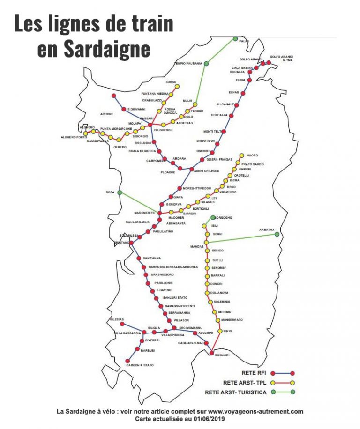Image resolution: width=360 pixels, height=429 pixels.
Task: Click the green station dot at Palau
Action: click(236, 39)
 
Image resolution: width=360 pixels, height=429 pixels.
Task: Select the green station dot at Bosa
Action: click(120, 192)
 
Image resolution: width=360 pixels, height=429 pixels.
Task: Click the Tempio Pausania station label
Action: click(188, 63)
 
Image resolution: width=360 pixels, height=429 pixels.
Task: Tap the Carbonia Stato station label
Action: click(140, 365)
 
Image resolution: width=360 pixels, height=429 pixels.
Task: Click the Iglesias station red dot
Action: click(122, 324)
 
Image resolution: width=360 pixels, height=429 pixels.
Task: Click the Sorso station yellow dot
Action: click(177, 86)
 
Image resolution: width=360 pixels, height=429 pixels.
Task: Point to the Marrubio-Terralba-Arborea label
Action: click(173, 267)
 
